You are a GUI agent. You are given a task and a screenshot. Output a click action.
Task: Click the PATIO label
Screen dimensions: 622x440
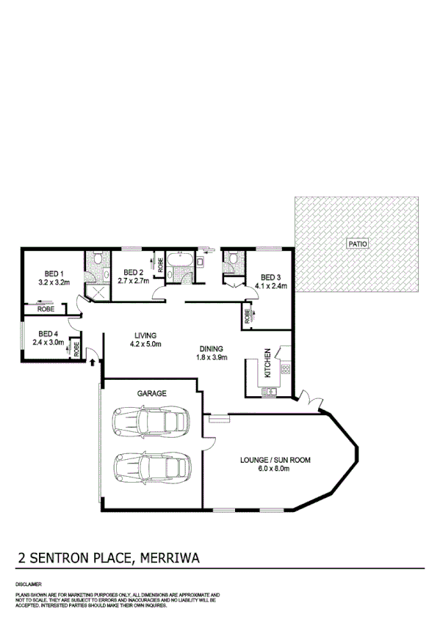click(x=358, y=244)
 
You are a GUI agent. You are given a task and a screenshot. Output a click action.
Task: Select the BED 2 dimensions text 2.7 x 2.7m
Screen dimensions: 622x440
click(x=134, y=281)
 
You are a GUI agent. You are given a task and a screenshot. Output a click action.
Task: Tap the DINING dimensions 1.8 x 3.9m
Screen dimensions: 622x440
click(x=212, y=358)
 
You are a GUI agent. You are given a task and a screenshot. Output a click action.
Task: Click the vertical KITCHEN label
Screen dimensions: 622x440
click(x=268, y=362)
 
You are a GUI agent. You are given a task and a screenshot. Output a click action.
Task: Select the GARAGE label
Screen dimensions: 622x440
click(x=151, y=394)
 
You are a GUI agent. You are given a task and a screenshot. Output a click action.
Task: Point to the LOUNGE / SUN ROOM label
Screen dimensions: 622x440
click(x=275, y=461)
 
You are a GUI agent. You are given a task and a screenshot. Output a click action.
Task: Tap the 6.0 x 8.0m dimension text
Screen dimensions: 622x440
click(x=275, y=469)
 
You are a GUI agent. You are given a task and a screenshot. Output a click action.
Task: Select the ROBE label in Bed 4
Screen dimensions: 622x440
click(x=76, y=349)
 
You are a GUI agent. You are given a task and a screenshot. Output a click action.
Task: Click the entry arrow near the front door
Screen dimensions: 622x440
click(x=92, y=360)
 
